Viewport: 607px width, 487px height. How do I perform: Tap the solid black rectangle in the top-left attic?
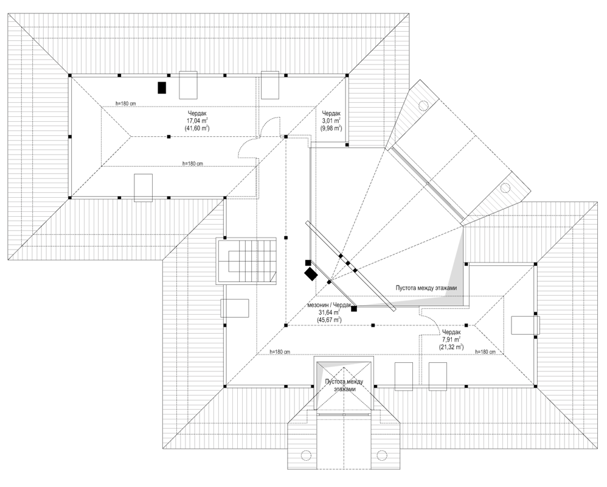(x=162, y=88)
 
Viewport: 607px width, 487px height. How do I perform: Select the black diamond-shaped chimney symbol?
(x=311, y=273)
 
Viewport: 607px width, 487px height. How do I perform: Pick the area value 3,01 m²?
(x=331, y=121)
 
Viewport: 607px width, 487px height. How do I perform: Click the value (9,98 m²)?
(x=331, y=128)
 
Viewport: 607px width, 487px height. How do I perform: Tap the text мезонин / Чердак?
(x=328, y=304)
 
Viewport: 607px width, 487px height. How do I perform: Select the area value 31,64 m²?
(x=328, y=312)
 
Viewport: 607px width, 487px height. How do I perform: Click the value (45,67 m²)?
(x=328, y=320)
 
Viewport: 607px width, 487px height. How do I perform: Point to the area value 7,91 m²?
(x=451, y=340)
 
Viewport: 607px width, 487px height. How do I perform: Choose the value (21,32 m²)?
(x=451, y=348)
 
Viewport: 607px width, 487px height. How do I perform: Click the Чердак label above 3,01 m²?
(x=331, y=113)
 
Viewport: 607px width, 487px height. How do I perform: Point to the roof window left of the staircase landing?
(x=235, y=308)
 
